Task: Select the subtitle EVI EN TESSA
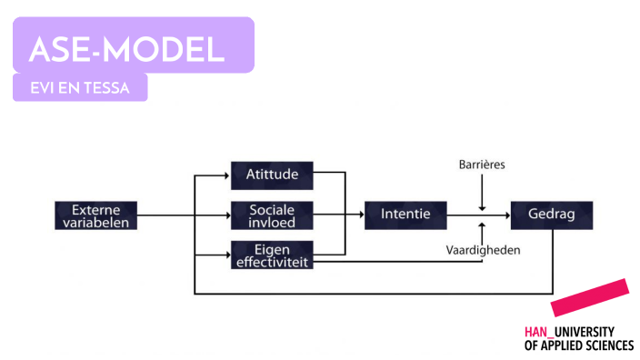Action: click(79, 88)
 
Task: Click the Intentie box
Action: click(405, 215)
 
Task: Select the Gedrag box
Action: click(551, 215)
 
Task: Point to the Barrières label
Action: click(482, 165)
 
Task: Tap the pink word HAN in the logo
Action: click(536, 332)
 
